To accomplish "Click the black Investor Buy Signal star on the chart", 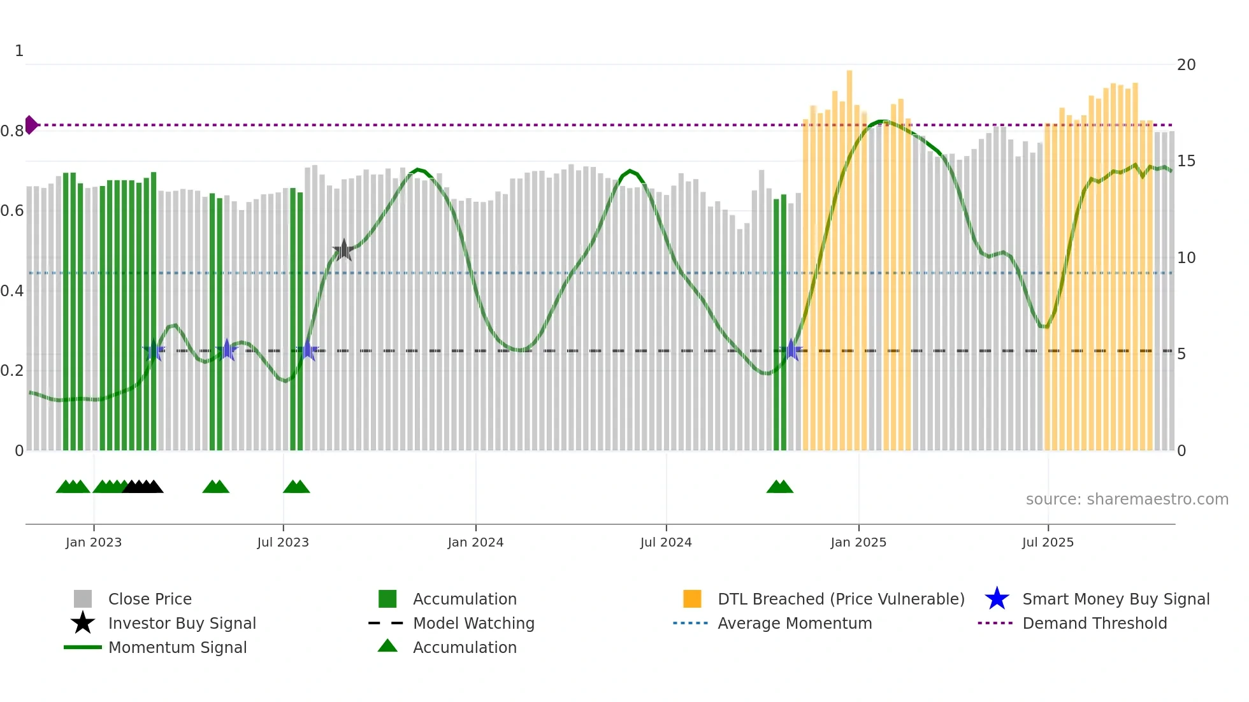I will point(343,250).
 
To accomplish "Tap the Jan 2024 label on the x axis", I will point(475,542).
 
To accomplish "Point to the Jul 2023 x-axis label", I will point(283,542).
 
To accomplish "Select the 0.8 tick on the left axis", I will point(12,131).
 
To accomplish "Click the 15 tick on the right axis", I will point(1186,161).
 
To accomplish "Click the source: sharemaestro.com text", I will point(1127,499).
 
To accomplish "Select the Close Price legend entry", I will point(150,599).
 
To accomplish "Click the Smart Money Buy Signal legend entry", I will point(1115,599).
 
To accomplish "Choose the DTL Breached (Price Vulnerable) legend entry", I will point(841,599).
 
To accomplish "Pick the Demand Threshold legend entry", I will point(1094,623).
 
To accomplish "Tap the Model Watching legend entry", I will point(473,623).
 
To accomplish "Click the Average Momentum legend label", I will point(795,623).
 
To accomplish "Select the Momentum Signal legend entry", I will point(177,647).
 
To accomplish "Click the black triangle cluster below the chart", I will point(143,487).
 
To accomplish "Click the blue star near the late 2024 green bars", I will point(791,350).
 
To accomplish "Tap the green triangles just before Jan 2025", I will point(780,487).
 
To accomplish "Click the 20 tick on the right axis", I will point(1186,65).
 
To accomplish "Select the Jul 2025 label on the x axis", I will point(1048,542).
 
